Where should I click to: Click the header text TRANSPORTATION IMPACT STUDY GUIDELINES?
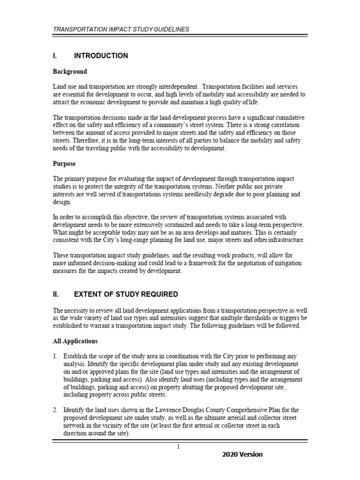[121, 29]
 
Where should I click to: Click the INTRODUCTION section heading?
[101, 56]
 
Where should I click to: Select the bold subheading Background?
[70, 72]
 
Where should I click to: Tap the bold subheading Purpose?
[64, 165]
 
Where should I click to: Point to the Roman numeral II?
[55, 294]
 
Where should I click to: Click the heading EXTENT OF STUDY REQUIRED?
[126, 294]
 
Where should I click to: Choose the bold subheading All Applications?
[75, 341]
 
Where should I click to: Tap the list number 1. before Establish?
[55, 357]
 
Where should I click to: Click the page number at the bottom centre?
[179, 446]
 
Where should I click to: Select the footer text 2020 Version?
[242, 455]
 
